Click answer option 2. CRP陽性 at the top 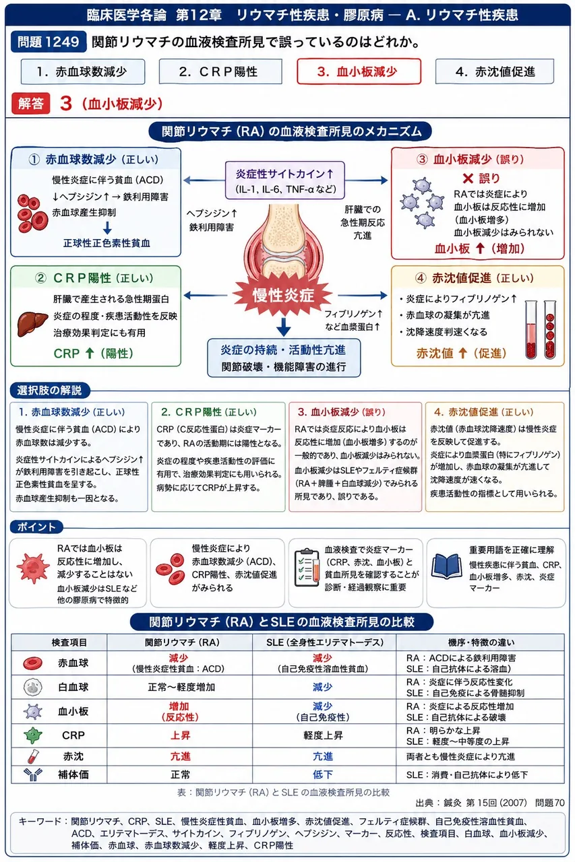(220, 71)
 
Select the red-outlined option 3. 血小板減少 (359, 71)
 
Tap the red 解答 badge (31, 104)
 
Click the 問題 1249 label (48, 42)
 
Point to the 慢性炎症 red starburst (282, 296)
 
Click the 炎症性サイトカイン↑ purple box (284, 180)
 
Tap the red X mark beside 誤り (468, 178)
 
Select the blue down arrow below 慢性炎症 (284, 327)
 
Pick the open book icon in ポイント (446, 566)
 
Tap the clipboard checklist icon (307, 567)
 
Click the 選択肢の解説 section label (49, 391)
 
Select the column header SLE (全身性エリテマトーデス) (325, 642)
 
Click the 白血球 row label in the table (73, 687)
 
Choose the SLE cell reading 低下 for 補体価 (323, 774)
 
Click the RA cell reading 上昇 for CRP (180, 735)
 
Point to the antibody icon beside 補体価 (33, 774)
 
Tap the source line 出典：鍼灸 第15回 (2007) (471, 802)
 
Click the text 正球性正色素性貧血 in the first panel (107, 243)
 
